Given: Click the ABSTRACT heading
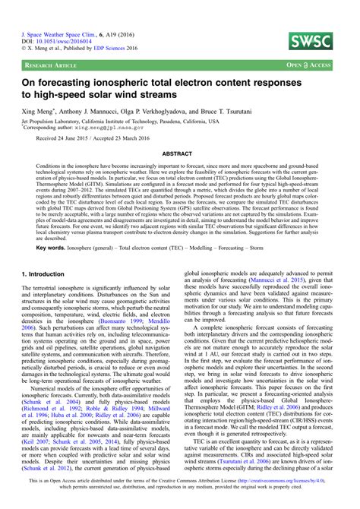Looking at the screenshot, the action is [179, 153].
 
